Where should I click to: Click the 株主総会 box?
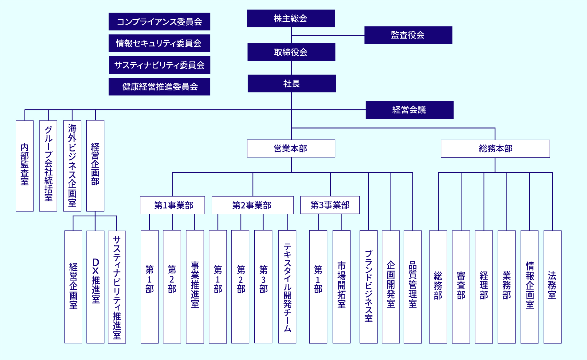click(291, 18)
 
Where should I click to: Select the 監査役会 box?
click(408, 35)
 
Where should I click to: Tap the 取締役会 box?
click(291, 52)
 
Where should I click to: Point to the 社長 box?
click(292, 83)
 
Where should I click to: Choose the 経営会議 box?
click(409, 110)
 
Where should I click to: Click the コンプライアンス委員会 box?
click(159, 22)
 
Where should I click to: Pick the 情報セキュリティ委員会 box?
click(159, 43)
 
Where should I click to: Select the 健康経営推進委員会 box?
click(159, 87)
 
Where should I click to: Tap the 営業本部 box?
click(291, 148)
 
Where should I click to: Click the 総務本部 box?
click(495, 149)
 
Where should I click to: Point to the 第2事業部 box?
click(252, 205)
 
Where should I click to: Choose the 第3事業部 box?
click(330, 205)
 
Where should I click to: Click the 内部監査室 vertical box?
click(25, 165)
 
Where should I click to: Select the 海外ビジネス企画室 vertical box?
click(72, 165)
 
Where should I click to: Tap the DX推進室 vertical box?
click(96, 287)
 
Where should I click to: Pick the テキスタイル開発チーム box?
click(287, 287)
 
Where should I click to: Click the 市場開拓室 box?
click(341, 287)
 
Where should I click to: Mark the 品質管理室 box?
click(413, 287)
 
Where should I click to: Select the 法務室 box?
click(552, 287)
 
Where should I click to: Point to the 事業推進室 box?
click(195, 287)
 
